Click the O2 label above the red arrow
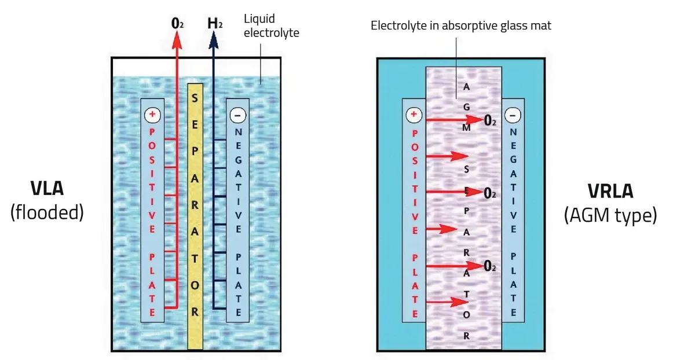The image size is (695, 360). click(177, 24)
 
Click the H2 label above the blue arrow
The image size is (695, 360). click(214, 24)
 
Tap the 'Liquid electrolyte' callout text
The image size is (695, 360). click(271, 27)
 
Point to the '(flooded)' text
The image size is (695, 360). click(47, 212)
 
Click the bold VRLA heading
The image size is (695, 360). click(610, 191)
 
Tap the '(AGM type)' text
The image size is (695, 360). click(610, 215)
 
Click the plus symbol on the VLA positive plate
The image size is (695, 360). click(152, 115)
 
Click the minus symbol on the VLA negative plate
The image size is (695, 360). click(237, 115)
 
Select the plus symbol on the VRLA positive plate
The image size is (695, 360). click(414, 115)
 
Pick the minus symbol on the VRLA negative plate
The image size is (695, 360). click(513, 115)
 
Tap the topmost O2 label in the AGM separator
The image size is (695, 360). click(490, 121)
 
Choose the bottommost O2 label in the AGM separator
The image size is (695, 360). click(490, 267)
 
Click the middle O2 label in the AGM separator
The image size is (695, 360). click(490, 193)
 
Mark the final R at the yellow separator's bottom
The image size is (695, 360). click(195, 312)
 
